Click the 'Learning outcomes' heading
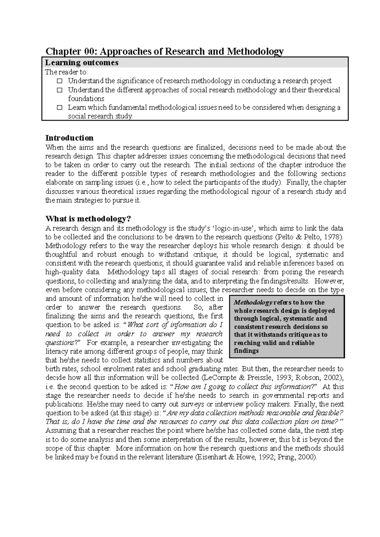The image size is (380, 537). click(x=82, y=63)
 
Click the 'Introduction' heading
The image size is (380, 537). click(x=69, y=138)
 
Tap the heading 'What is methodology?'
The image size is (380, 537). click(x=88, y=219)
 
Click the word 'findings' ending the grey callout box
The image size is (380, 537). click(x=246, y=351)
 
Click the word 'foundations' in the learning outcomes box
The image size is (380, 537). click(x=86, y=99)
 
